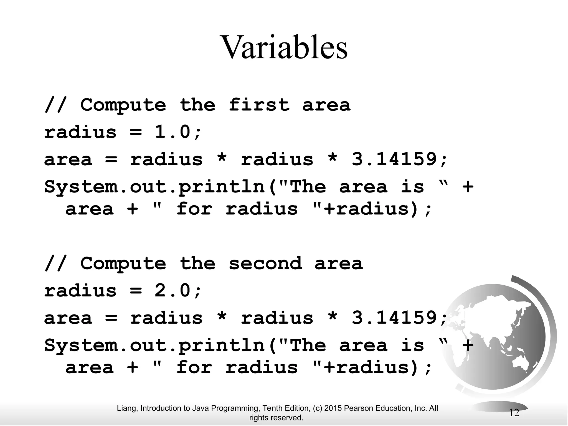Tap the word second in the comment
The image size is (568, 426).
pos(265,263)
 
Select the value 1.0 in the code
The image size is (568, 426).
pos(173,132)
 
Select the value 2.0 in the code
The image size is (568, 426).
pos(173,291)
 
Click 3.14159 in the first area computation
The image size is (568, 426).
pos(394,159)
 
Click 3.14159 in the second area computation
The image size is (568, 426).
pos(394,318)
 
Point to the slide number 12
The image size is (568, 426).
pos(514,413)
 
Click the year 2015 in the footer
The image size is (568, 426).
pos(333,408)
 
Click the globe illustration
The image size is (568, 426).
pos(499,338)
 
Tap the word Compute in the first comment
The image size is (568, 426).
pos(123,105)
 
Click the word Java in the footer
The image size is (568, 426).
pos(201,408)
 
